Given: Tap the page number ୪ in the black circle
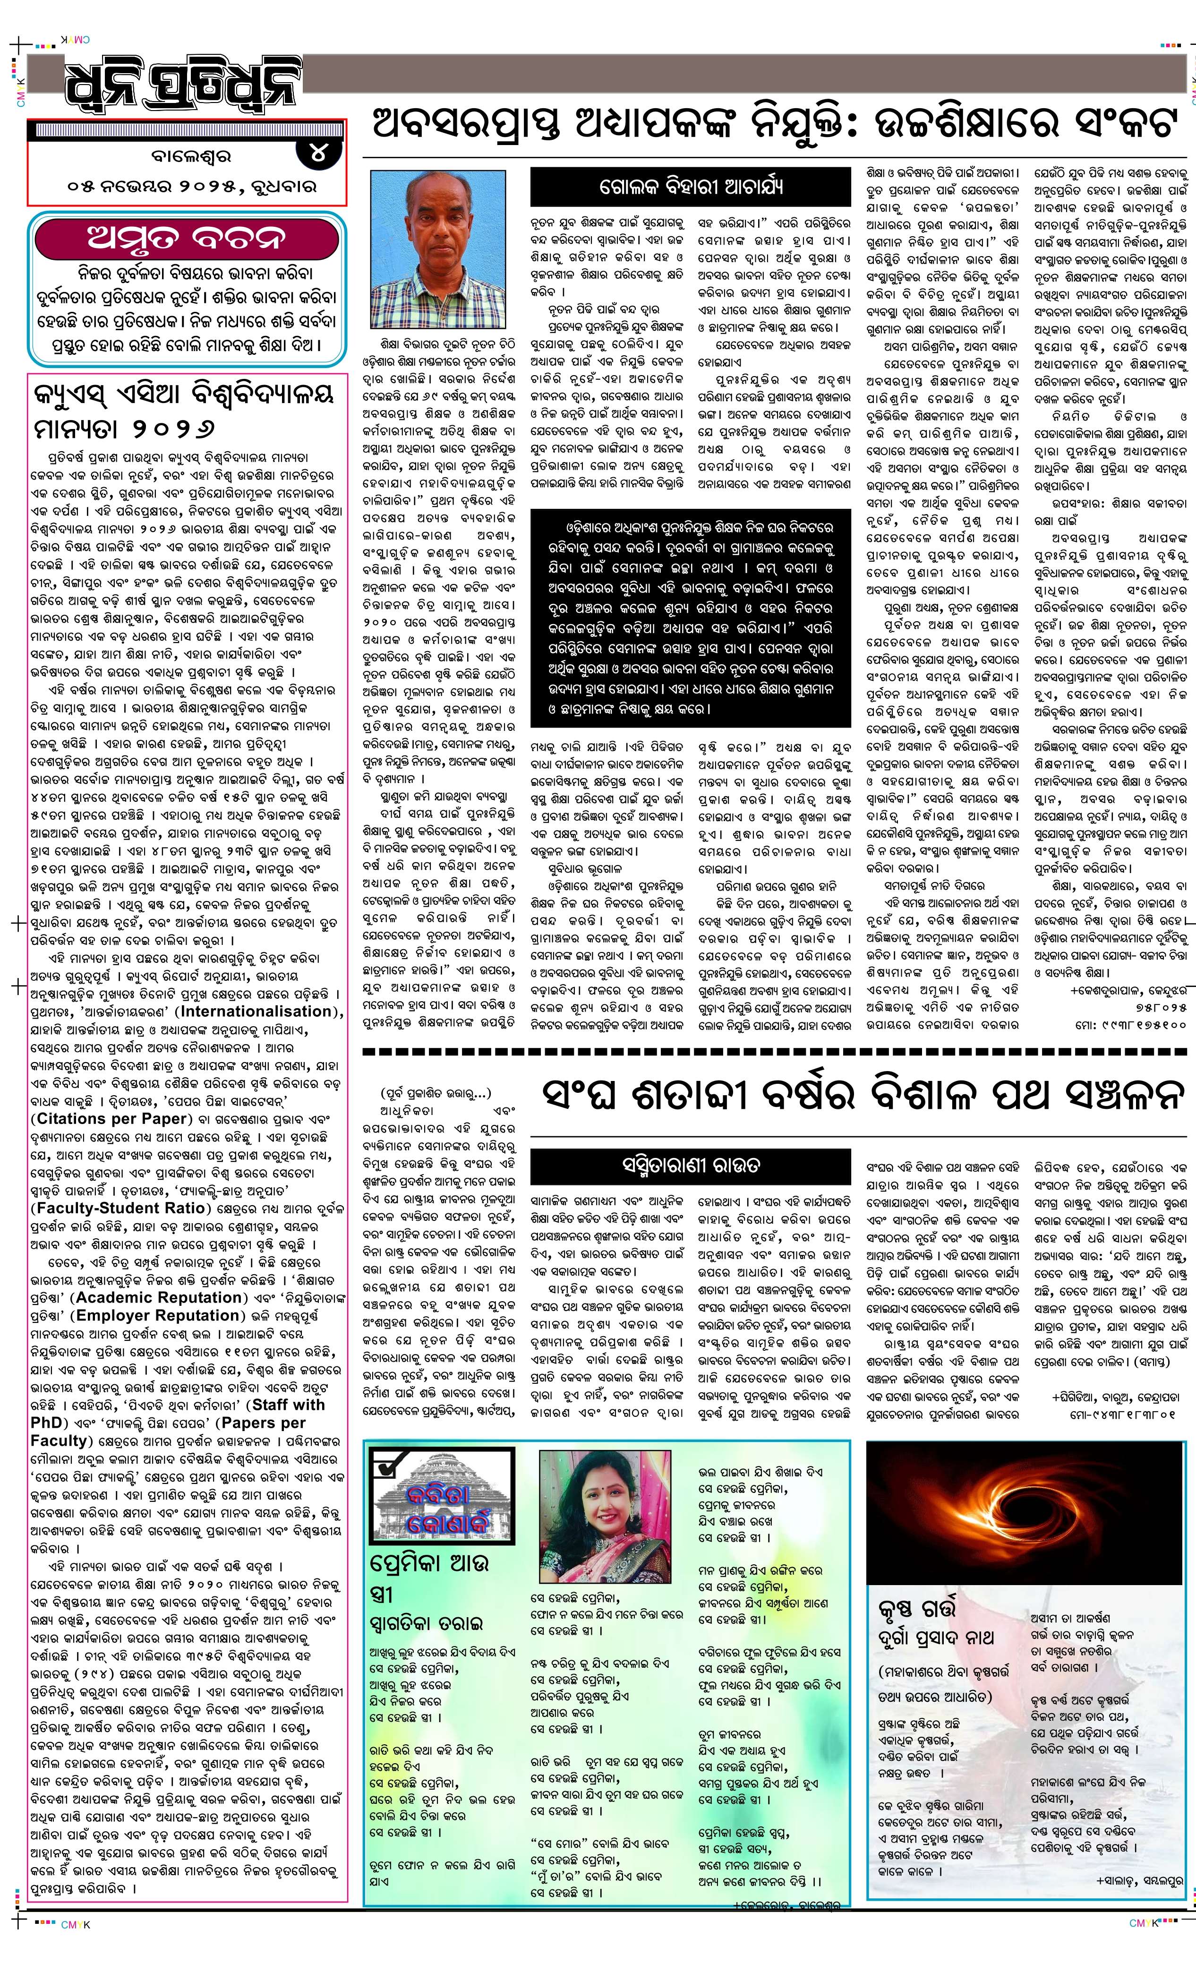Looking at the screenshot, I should [319, 150].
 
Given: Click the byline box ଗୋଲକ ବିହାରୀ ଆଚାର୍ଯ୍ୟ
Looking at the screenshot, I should [691, 187].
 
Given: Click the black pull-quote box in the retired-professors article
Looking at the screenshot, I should [691, 618].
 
